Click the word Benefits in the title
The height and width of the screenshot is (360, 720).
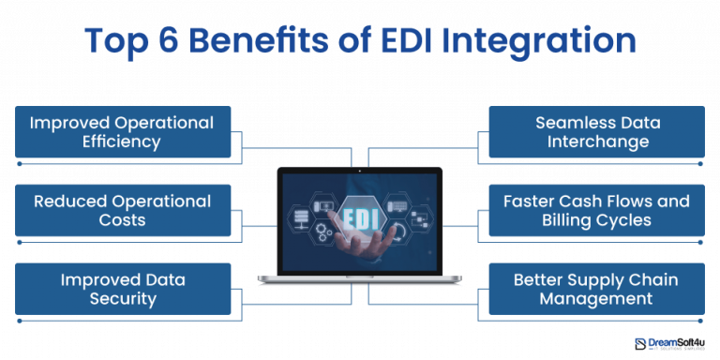click(x=239, y=42)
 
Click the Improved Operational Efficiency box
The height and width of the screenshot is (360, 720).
click(x=123, y=132)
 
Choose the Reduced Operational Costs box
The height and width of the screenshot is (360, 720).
click(x=123, y=210)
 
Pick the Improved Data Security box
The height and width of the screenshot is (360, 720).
click(x=123, y=289)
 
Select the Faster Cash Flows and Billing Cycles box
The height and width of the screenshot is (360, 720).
click(x=596, y=210)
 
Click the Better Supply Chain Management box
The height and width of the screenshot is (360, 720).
click(x=596, y=289)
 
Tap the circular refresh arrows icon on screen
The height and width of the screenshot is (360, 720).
click(x=397, y=232)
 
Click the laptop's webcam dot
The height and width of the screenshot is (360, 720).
click(x=360, y=171)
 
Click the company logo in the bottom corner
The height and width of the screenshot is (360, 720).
click(x=668, y=344)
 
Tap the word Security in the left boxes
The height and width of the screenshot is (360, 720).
click(x=123, y=299)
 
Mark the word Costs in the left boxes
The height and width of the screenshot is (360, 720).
click(x=123, y=220)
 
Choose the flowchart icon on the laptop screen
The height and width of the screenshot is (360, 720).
click(x=419, y=219)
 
